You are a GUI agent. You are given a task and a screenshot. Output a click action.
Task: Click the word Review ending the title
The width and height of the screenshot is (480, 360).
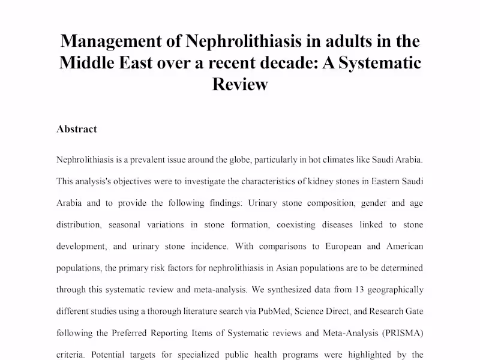coord(240,84)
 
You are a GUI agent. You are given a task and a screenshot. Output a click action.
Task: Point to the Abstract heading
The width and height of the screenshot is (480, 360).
coord(77,129)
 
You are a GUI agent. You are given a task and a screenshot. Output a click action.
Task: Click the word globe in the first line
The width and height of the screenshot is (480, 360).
coord(237,160)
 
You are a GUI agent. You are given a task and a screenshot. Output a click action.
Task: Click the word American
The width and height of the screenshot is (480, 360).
coord(403,246)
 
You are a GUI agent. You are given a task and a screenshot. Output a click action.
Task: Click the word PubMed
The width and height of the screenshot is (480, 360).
coord(272,311)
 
